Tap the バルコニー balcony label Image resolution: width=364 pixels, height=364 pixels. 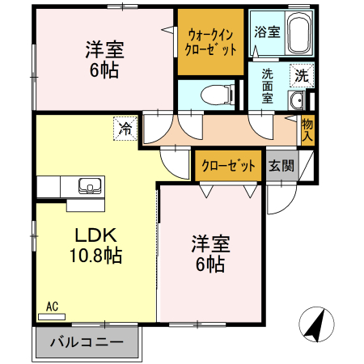87,342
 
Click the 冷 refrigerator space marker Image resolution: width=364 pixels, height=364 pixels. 125,128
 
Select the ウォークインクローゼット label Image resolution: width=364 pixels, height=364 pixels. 210,41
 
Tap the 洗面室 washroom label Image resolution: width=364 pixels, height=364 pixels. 267,85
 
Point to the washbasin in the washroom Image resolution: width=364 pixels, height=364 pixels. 297,101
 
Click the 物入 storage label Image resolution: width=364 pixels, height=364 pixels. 307,129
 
